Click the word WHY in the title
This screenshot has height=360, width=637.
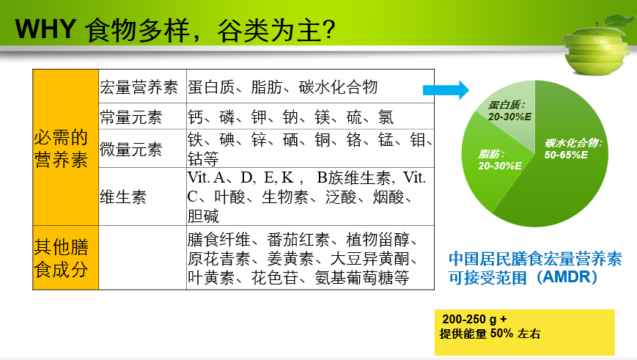45,29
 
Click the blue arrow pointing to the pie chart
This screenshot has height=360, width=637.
446,89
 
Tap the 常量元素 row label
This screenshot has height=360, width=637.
131,117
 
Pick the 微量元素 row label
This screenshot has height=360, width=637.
131,149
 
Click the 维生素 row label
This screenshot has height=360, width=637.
123,197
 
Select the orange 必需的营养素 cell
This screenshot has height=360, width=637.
65,147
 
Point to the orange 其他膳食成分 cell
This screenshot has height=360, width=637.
65,257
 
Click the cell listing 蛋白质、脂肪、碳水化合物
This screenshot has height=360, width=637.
310,87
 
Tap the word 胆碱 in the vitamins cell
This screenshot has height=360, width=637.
203,216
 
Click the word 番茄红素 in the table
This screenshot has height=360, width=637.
298,240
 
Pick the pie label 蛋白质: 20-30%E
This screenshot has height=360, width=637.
509,111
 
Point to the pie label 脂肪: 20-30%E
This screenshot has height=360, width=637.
500,160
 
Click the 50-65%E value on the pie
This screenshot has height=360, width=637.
566,155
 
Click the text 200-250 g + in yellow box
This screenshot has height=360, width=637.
474,320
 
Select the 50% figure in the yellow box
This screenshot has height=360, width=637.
501,334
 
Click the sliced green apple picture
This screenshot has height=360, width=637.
598,45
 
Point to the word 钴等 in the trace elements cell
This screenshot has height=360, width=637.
203,159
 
